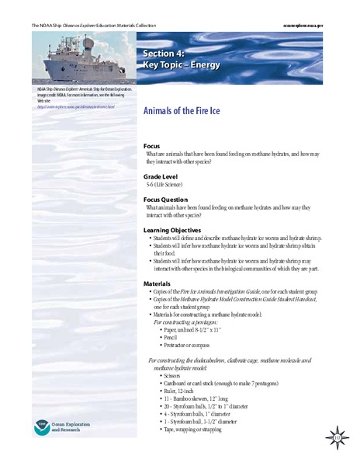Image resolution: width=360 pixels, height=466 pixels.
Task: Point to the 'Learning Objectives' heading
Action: pyautogui.click(x=179, y=231)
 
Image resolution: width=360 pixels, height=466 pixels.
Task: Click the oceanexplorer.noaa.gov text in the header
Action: pyautogui.click(x=320, y=26)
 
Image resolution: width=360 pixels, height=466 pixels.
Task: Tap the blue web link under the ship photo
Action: pyautogui.click(x=76, y=106)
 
